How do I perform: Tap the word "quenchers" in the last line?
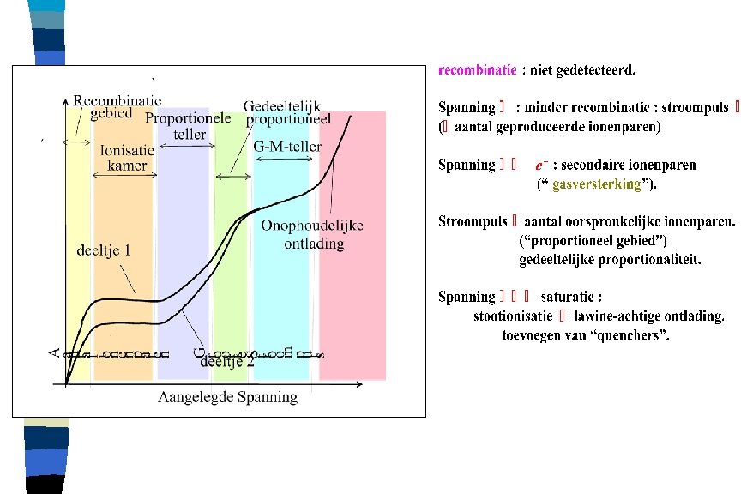point(631,334)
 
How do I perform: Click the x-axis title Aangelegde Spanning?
point(228,397)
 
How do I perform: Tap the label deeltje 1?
point(103,251)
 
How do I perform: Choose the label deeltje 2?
point(226,361)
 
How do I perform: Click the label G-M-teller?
point(287,147)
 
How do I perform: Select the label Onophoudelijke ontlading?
point(313,234)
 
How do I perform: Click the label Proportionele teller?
point(188,126)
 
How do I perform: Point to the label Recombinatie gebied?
point(117,107)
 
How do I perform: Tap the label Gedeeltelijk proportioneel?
point(282,112)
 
